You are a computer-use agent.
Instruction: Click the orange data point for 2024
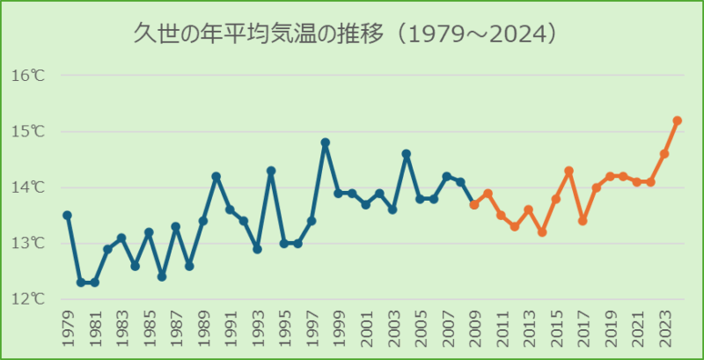(x=678, y=121)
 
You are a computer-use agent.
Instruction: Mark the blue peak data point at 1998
(x=326, y=143)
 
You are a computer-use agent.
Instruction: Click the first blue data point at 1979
(x=67, y=215)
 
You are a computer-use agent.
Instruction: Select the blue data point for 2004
(x=407, y=154)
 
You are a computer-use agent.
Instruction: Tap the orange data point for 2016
(x=569, y=171)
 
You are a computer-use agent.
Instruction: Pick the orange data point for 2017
(x=583, y=221)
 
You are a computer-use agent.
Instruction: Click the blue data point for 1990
(x=216, y=176)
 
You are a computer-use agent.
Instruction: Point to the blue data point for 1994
(x=271, y=171)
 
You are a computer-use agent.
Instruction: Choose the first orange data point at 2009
(x=474, y=204)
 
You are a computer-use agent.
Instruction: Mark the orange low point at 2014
(x=542, y=232)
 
